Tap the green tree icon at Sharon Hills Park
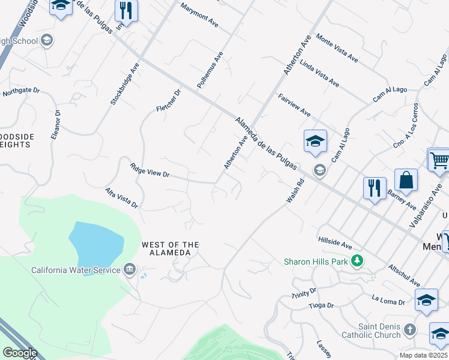(358, 260)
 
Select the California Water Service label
(76, 270)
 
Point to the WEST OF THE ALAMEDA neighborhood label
(170, 248)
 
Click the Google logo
(19, 352)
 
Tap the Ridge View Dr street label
(150, 170)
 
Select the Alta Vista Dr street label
(122, 197)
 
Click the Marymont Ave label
(199, 17)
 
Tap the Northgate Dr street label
(21, 92)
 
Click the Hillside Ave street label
(336, 243)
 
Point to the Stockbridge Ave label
(125, 83)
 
